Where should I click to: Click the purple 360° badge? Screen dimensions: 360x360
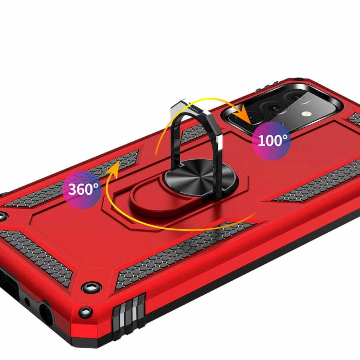(x=82, y=189)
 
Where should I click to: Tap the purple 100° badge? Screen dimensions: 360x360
(x=271, y=141)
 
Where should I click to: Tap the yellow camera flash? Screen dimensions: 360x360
(x=305, y=114)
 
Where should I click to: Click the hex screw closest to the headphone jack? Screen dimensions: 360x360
(x=86, y=312)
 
